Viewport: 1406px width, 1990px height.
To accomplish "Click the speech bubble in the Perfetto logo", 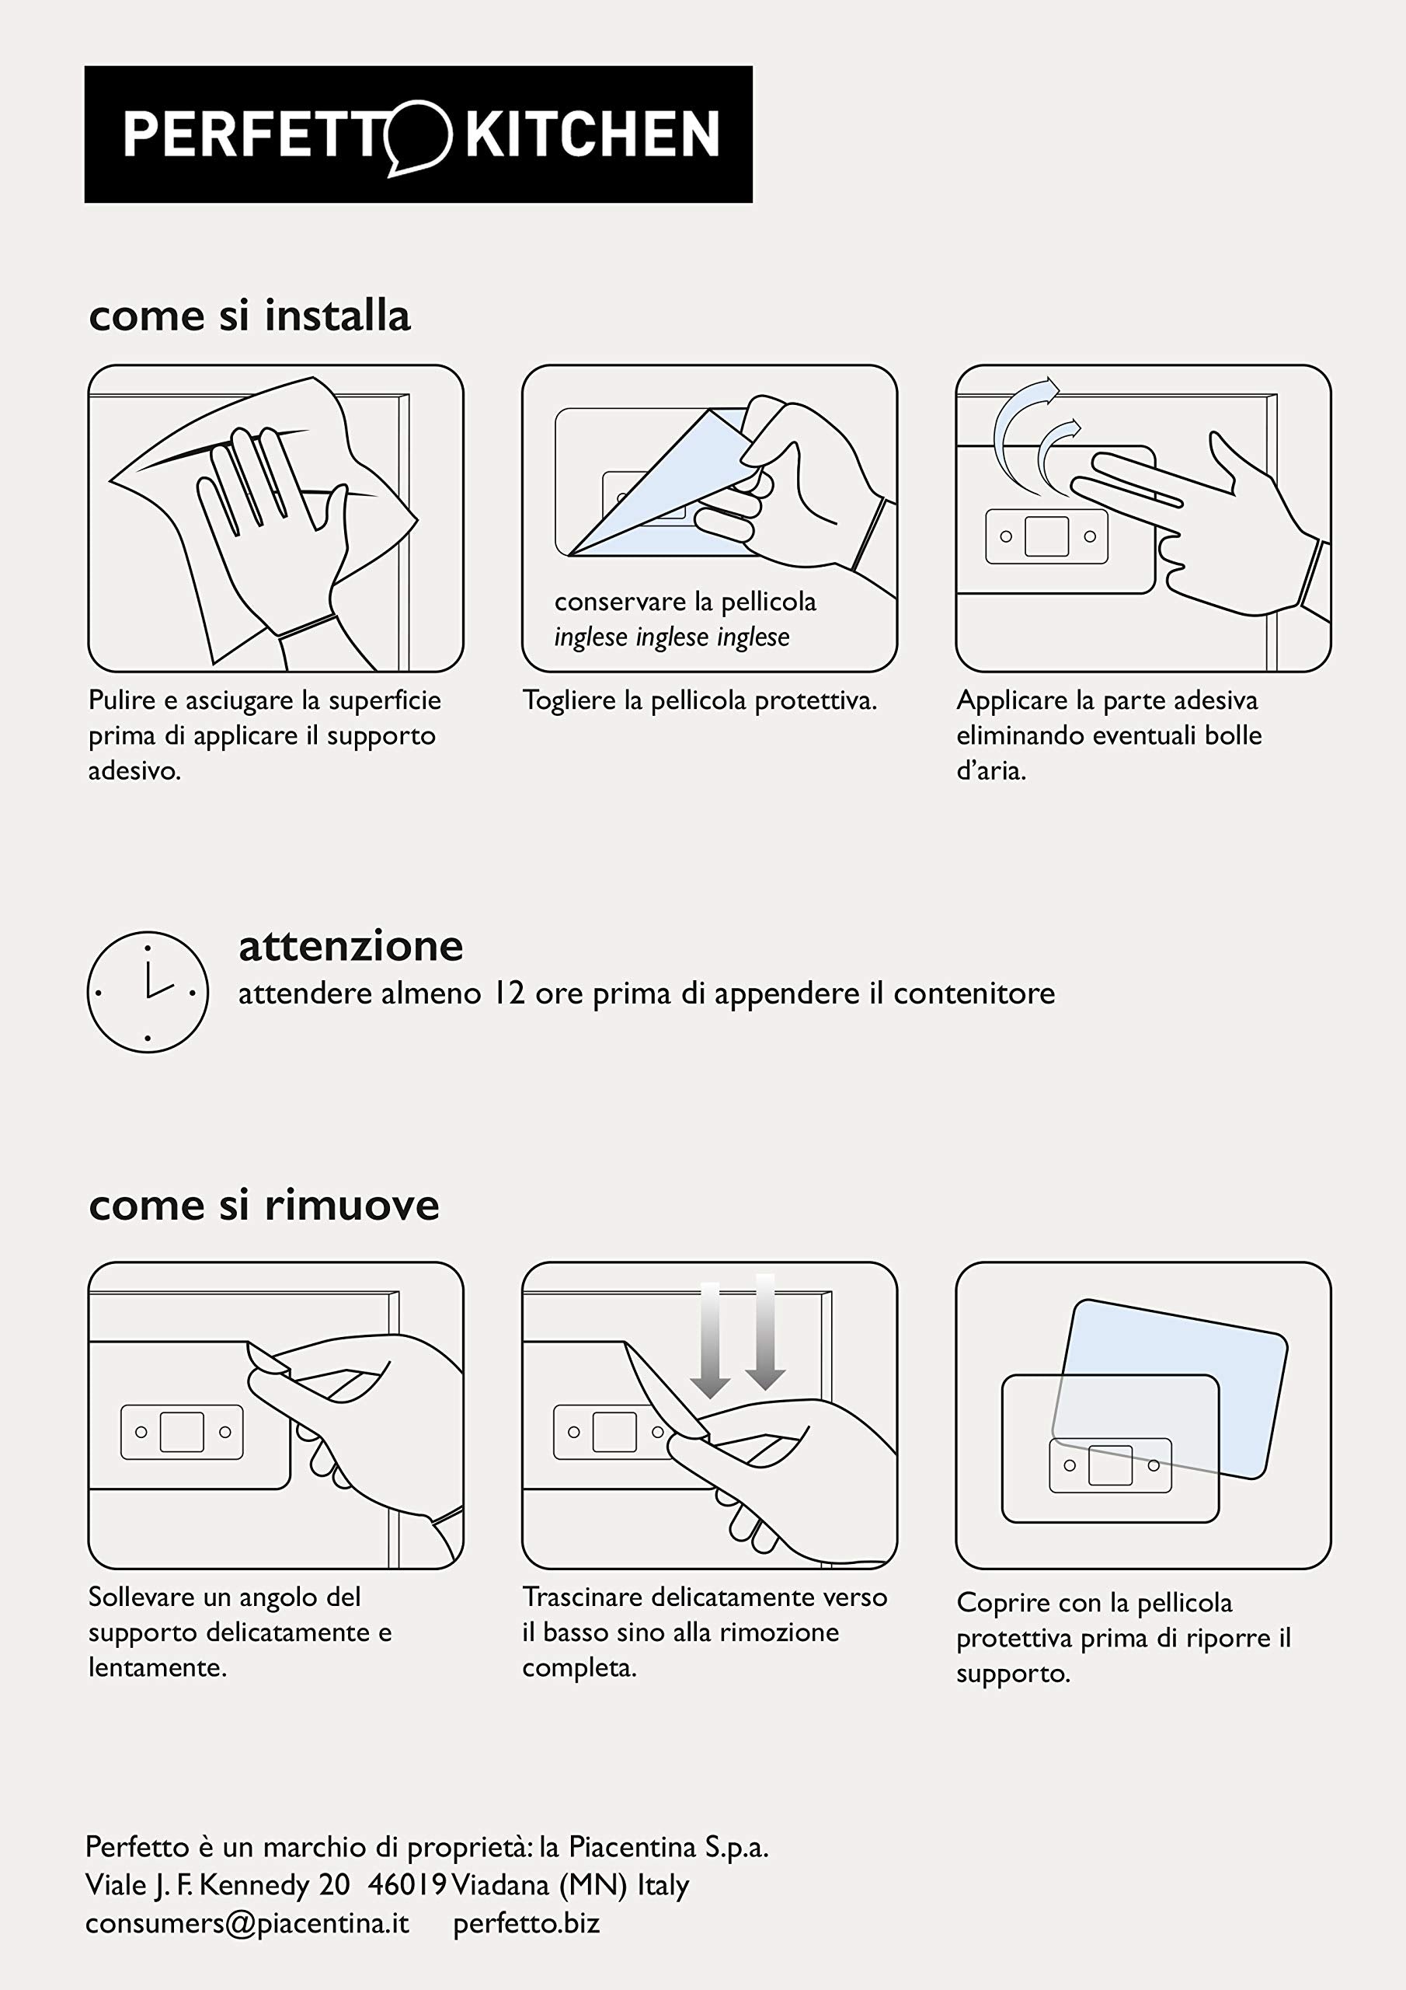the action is tap(419, 137).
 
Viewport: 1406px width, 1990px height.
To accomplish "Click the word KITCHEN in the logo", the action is tap(593, 134).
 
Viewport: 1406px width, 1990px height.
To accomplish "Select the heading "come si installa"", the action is tap(249, 316).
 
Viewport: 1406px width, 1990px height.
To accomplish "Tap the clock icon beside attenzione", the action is tap(148, 993).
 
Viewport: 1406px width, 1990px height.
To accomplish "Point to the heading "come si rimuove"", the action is tap(264, 1205).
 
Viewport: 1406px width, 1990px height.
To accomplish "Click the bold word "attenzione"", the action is tap(351, 947).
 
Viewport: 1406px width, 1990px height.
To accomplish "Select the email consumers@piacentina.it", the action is tap(247, 1922).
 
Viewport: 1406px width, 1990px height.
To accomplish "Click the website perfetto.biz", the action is tap(527, 1922).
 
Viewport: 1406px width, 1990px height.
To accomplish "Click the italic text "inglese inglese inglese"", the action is tap(672, 637).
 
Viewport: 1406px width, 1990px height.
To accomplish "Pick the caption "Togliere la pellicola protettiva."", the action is tap(700, 700).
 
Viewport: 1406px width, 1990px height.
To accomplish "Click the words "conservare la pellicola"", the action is tap(685, 602).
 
